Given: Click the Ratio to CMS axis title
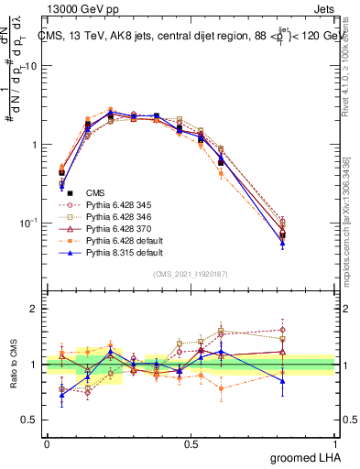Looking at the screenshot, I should [x=13, y=365].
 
